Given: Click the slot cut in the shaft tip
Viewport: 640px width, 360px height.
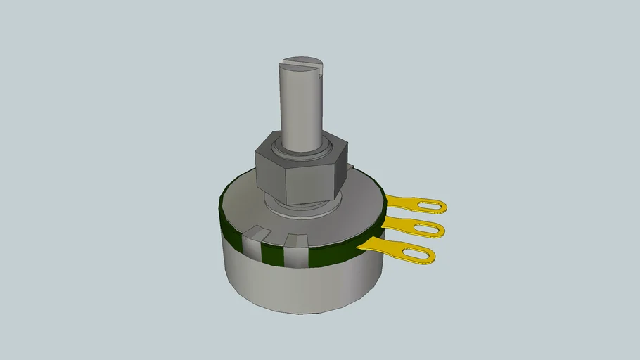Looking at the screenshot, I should click(307, 64).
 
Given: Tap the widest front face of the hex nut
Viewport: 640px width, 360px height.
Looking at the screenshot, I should click(309, 181).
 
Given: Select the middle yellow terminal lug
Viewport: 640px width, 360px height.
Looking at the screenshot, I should click(415, 227).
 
